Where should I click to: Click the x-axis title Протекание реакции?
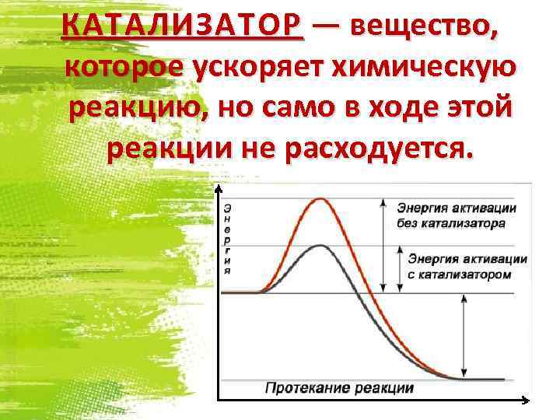(339, 387)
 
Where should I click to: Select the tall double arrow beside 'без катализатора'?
(382, 245)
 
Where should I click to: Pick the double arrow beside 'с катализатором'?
(401, 269)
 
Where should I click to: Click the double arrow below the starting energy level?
(464, 336)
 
